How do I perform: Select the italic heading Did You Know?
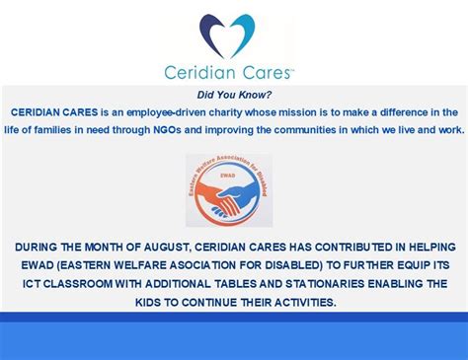click(234, 96)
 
